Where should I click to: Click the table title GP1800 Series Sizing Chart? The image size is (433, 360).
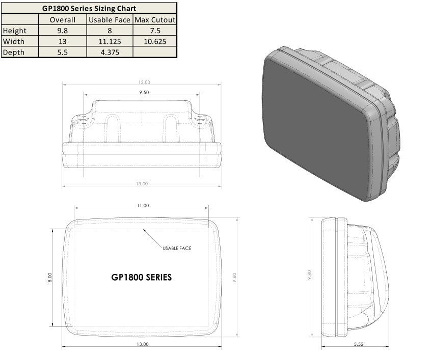coord(89,8)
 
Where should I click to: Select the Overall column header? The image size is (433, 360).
coord(63,20)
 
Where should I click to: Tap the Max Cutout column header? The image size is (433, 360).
coord(154,20)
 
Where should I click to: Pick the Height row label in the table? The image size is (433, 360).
coord(15,31)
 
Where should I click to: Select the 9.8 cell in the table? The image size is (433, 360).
coord(63,31)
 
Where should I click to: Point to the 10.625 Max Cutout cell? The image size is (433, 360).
coord(154,41)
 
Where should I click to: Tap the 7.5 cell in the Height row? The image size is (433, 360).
coord(154,31)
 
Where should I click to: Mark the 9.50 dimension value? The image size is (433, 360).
coord(142,93)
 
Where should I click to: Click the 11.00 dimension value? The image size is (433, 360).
coord(142,206)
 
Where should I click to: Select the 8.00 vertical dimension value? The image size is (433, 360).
coord(50,278)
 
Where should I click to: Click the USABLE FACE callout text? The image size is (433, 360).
coord(177,248)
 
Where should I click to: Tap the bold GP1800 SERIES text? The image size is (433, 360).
coord(141,278)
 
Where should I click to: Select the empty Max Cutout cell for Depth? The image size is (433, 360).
coord(154,52)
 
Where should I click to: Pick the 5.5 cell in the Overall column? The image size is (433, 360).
coord(63,52)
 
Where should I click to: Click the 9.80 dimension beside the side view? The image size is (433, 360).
coord(309,275)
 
